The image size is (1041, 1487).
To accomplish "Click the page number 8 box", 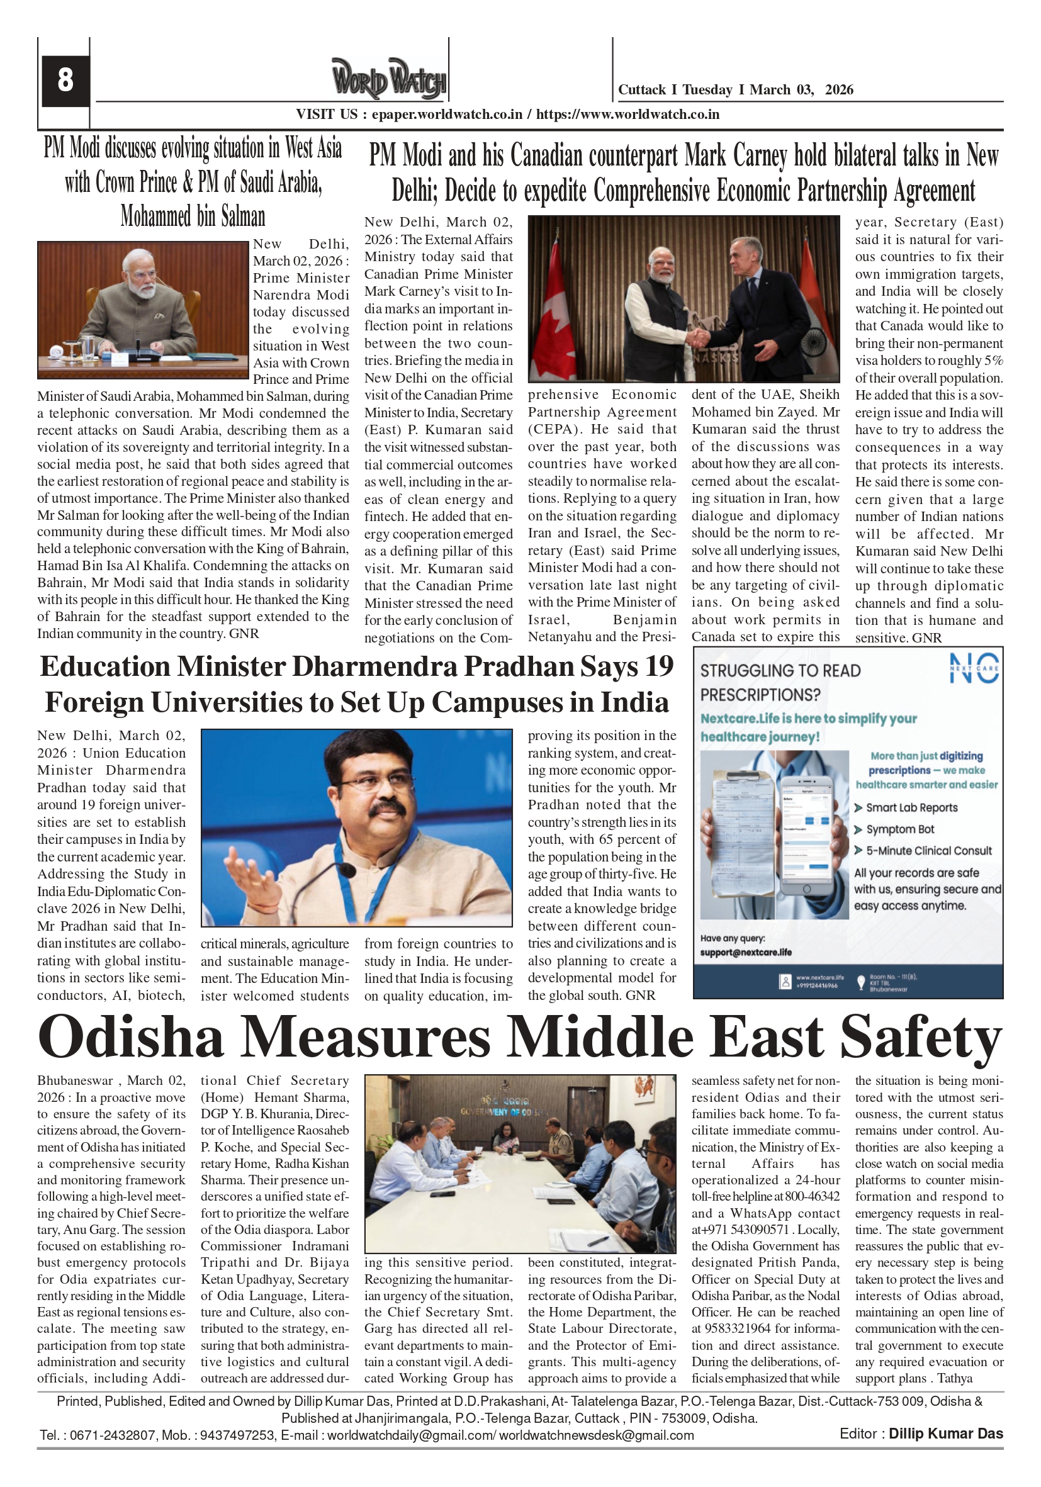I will tap(65, 81).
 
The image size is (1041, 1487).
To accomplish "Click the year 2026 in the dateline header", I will tap(839, 90).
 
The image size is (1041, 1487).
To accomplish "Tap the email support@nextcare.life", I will tap(746, 952).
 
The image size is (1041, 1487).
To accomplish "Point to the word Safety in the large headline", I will tap(921, 1038).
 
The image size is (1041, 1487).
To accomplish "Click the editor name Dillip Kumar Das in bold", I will tap(945, 1434).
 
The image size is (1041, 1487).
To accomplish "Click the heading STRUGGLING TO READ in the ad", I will tap(780, 671).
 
